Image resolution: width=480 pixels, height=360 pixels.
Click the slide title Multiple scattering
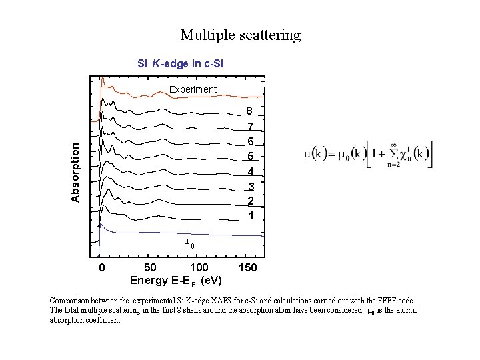[x=240, y=35]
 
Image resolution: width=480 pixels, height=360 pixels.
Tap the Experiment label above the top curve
[x=193, y=89]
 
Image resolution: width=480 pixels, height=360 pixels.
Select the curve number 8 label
[x=250, y=111]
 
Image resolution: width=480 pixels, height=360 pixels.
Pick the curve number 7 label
[x=250, y=126]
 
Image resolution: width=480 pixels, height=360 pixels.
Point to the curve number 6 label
[x=250, y=141]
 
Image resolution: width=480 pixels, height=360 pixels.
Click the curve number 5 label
[x=250, y=156]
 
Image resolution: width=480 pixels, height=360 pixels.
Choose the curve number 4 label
[x=250, y=171]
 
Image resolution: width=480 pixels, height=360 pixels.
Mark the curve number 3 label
[x=250, y=186]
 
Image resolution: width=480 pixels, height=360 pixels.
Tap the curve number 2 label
[x=250, y=201]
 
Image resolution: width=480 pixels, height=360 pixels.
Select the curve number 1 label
[x=250, y=216]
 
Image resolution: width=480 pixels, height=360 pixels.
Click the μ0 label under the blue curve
[x=189, y=244]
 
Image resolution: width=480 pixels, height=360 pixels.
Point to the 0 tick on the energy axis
[x=101, y=268]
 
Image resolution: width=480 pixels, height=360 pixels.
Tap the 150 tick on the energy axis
[x=248, y=268]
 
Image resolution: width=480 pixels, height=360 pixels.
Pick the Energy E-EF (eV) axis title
[x=176, y=280]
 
